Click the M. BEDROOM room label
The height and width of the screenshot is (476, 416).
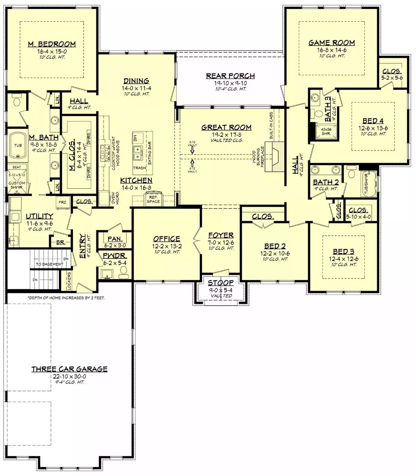[52, 44]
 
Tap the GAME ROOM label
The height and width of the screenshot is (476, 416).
[331, 43]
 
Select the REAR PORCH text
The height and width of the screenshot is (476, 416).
[230, 76]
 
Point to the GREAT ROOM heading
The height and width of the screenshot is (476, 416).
[226, 127]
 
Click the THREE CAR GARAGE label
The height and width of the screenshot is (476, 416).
[69, 369]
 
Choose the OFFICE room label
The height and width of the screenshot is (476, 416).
[166, 239]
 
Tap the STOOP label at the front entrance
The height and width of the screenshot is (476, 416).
[220, 283]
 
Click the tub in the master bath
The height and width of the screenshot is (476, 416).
[18, 146]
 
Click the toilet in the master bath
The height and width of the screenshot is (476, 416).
[17, 101]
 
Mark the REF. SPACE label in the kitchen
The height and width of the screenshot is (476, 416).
[153, 199]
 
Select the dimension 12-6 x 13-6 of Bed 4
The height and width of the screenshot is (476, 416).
[373, 128]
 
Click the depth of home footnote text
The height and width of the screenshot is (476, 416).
[66, 298]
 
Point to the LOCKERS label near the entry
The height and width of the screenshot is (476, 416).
[69, 281]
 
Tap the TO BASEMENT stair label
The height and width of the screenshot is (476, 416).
[50, 264]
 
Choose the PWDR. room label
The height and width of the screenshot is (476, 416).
[115, 256]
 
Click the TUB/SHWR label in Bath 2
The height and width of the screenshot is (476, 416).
[366, 183]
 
